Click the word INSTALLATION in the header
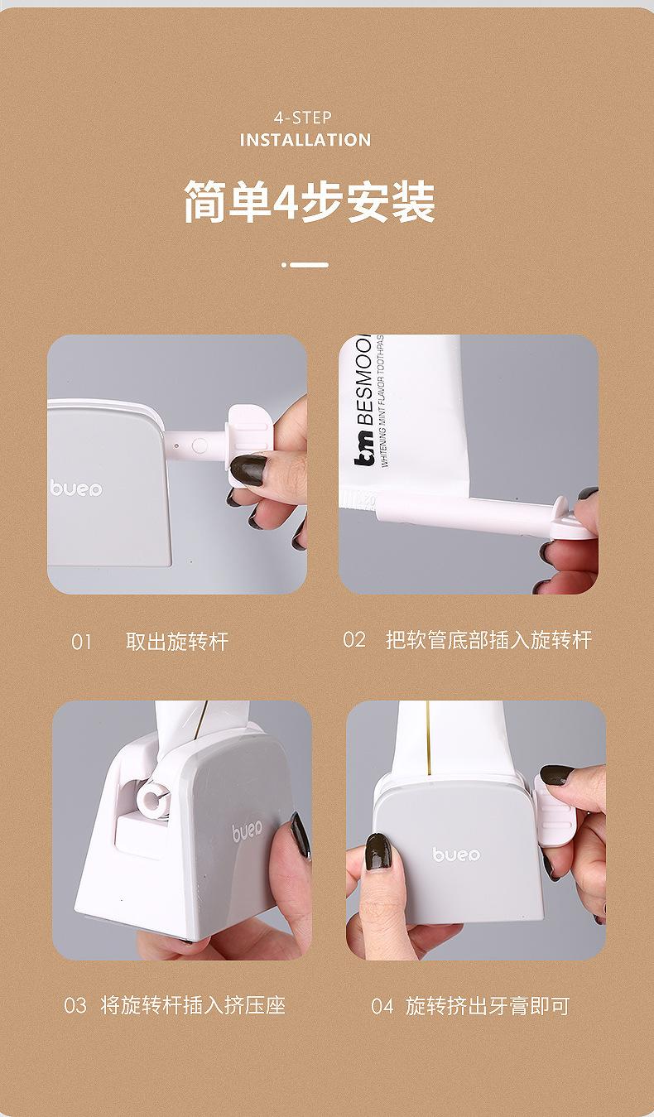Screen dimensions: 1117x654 pyautogui.click(x=305, y=140)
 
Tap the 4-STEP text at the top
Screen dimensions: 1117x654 pyautogui.click(x=302, y=118)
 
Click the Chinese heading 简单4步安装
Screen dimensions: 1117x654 pyautogui.click(x=309, y=203)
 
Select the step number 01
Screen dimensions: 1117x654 pyautogui.click(x=81, y=642)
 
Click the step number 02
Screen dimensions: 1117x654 pyautogui.click(x=353, y=640)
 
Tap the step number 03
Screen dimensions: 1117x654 pyautogui.click(x=75, y=1006)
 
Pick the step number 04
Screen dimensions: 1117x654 pyautogui.click(x=382, y=1007)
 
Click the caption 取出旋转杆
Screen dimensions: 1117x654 pyautogui.click(x=176, y=642)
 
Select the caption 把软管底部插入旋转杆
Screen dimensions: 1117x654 pyautogui.click(x=488, y=640)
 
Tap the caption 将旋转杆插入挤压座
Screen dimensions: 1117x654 pyautogui.click(x=193, y=1006)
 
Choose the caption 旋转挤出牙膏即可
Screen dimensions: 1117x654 pyautogui.click(x=488, y=1007)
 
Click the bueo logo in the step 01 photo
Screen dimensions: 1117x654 pyautogui.click(x=76, y=489)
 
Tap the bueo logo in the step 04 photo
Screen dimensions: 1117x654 pyautogui.click(x=456, y=854)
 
